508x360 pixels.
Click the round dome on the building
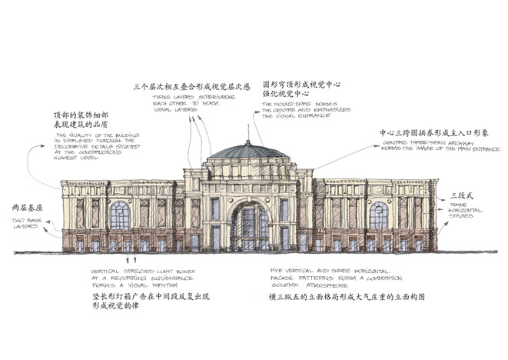[247, 152]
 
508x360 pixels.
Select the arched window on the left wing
[120, 215]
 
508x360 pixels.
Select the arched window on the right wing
[378, 215]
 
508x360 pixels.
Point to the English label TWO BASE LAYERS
[30, 224]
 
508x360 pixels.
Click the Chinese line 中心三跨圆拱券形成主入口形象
[435, 132]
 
